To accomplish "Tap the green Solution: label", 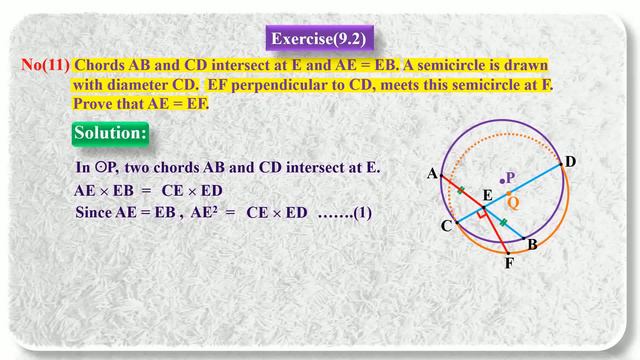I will coord(111,133).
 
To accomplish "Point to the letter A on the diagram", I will coord(432,174).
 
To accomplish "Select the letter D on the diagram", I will coord(570,162).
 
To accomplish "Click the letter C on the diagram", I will coord(447,226).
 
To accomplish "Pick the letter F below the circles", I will coord(509,264).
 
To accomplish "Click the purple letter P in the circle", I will coord(511,177).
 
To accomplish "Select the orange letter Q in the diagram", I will coord(514,202).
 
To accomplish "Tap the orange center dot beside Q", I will coord(509,192).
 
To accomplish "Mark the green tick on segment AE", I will coord(461,189).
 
